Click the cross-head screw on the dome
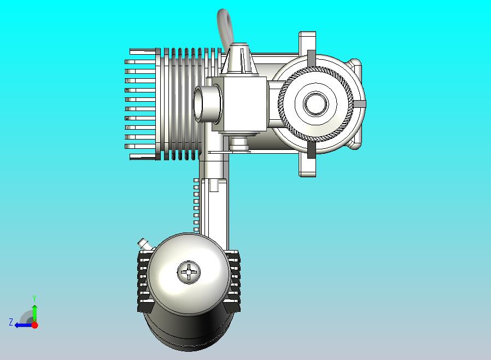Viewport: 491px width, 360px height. [x=189, y=272]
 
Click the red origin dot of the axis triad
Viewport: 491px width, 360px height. [x=35, y=325]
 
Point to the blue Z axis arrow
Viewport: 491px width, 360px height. [x=24, y=326]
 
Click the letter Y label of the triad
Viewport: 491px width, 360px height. [x=34, y=298]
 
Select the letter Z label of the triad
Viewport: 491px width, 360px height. [x=11, y=322]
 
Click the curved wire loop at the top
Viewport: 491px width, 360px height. [x=225, y=27]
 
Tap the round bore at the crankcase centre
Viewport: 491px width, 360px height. [x=315, y=104]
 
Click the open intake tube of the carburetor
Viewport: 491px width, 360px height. [x=199, y=104]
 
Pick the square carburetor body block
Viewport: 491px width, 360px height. [x=239, y=104]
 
